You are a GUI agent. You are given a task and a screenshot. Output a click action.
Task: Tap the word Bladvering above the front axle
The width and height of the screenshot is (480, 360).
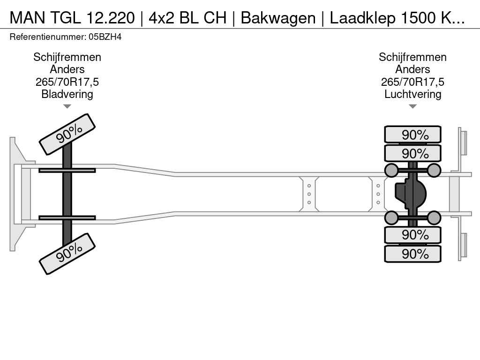pos(67,94)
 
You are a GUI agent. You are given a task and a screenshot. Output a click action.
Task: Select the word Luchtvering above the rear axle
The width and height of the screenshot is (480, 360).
pos(412,94)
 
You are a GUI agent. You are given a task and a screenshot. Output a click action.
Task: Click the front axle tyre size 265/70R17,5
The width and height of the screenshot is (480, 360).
pos(67,82)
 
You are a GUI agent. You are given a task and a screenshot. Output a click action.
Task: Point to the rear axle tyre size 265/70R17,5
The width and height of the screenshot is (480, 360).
pos(412,82)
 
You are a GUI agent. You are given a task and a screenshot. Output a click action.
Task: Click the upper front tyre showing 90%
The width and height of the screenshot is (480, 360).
pos(67,134)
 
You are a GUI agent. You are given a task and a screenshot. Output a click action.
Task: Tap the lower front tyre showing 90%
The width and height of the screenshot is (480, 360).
pos(67,253)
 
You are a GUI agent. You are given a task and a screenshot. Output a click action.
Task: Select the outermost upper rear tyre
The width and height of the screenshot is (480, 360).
pos(412,135)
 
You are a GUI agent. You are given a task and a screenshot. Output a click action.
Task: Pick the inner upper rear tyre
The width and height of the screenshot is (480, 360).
pos(412,153)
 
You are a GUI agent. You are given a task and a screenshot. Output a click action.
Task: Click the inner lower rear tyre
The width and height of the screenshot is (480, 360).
pos(412,235)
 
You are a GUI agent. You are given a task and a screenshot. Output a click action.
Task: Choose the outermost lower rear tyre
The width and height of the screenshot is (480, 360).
pos(412,254)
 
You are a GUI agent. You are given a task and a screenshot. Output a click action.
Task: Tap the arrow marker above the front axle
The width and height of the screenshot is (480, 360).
pos(67,106)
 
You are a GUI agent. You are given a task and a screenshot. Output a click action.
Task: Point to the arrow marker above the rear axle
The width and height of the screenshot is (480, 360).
pos(412,106)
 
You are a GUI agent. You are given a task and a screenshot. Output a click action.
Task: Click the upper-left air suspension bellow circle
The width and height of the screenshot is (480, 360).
pos(391,170)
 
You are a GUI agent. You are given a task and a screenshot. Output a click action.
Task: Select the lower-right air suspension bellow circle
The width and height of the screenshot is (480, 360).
pos(434,217)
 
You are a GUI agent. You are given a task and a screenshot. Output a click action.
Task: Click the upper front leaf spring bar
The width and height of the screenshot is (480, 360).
pos(67,170)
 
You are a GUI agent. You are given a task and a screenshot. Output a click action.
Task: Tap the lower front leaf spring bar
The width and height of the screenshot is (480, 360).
pos(67,217)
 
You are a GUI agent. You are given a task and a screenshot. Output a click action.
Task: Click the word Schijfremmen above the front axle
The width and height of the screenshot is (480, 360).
pos(67,57)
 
